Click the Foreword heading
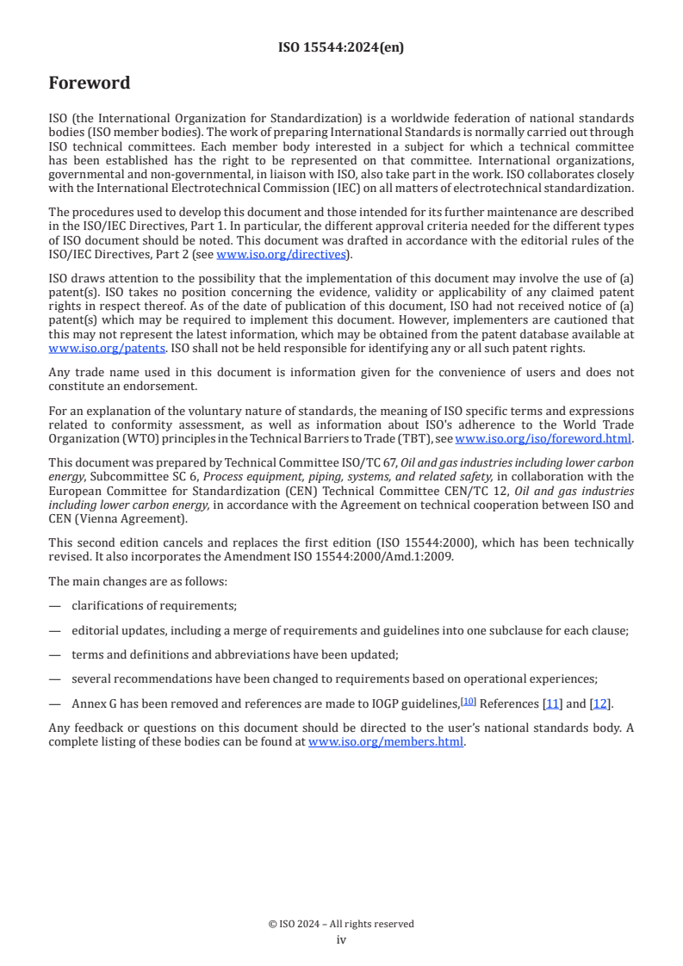[90, 84]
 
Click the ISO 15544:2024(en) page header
[341, 48]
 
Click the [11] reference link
[552, 704]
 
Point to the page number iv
[341, 939]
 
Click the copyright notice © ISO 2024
[341, 924]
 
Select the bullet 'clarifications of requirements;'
[154, 605]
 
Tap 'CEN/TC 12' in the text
[479, 490]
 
